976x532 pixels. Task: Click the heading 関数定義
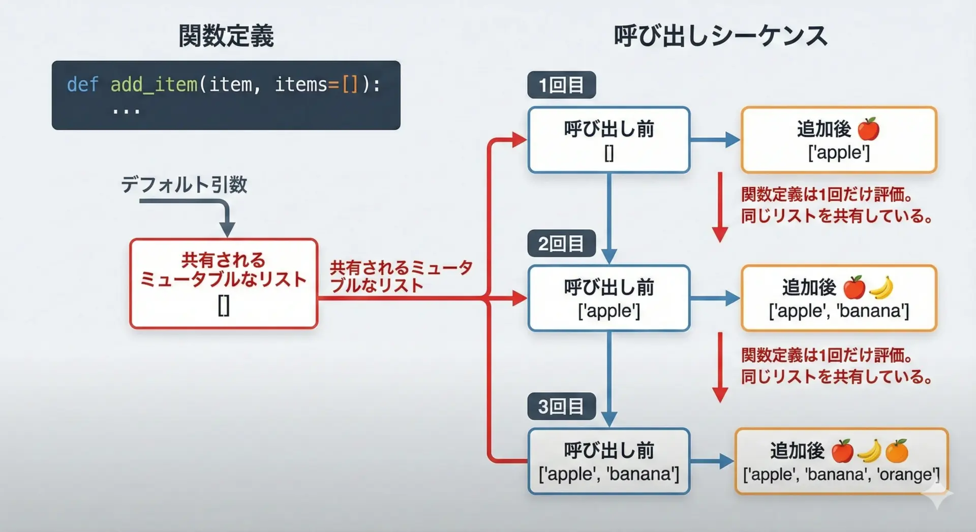click(x=226, y=36)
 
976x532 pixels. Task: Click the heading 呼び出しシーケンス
click(x=720, y=36)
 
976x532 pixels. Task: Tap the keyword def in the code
click(x=82, y=84)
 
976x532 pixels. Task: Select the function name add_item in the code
click(x=154, y=84)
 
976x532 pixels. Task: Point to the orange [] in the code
click(x=350, y=84)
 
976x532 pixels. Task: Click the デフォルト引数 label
click(x=184, y=184)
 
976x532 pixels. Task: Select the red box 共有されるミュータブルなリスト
click(x=224, y=284)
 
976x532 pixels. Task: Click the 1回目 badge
click(x=561, y=85)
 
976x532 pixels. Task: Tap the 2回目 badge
click(x=561, y=244)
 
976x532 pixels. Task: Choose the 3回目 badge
click(x=561, y=406)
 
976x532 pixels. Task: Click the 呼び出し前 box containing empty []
click(x=609, y=140)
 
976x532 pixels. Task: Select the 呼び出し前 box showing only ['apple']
click(x=609, y=298)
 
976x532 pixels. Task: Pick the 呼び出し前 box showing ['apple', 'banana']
click(x=609, y=461)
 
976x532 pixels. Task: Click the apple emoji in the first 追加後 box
click(x=868, y=129)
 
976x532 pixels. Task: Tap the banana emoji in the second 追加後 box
click(x=881, y=288)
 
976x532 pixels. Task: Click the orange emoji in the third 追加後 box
click(x=897, y=451)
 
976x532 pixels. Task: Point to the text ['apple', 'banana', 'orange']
click(x=841, y=475)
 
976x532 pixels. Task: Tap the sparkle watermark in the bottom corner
click(x=938, y=494)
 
